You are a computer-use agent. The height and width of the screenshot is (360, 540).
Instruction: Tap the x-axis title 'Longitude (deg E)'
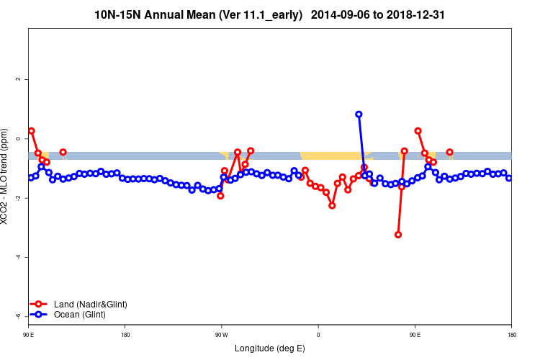coord(270,348)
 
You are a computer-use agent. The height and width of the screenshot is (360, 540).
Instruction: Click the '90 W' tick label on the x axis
coord(221,334)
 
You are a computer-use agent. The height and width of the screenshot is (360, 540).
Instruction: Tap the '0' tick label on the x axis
coord(318,334)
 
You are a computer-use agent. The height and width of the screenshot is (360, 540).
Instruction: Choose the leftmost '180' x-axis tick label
coord(125,334)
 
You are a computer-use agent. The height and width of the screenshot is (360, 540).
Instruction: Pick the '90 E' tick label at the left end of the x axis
coord(29,334)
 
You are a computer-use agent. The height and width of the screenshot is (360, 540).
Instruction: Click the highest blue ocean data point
coord(359,114)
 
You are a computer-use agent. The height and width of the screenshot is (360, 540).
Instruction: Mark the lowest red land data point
coord(398,235)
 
